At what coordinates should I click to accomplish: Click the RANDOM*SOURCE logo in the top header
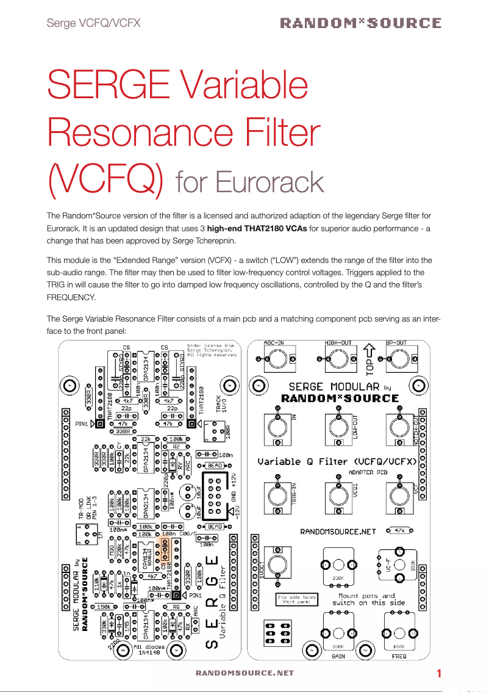[x=360, y=23]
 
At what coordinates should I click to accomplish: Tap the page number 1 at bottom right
[x=439, y=674]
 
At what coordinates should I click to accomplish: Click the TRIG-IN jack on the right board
[x=278, y=492]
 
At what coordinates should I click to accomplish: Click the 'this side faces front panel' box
[x=296, y=599]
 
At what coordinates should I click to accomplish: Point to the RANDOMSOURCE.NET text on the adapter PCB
[x=339, y=531]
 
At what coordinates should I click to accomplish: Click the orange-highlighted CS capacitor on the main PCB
[x=164, y=549]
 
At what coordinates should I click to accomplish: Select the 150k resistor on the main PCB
[x=104, y=607]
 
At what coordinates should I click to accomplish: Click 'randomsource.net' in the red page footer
[x=245, y=673]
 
